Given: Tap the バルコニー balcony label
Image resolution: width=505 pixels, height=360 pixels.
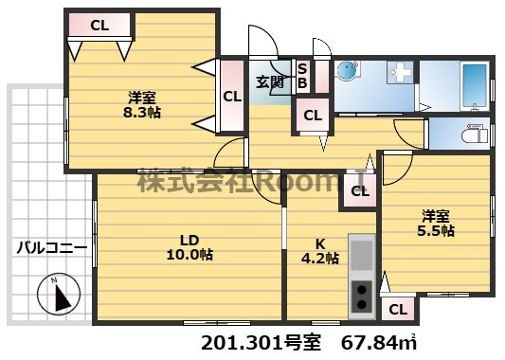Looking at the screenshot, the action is click(x=52, y=248).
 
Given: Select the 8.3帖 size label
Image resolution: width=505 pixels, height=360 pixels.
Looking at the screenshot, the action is click(x=142, y=113).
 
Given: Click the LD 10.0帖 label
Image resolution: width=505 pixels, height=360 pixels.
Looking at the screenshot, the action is click(x=189, y=247).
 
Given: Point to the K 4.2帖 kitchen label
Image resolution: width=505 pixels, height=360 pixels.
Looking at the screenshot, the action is click(x=320, y=251).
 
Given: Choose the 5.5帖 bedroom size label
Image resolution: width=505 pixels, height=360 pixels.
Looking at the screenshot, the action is click(x=436, y=230).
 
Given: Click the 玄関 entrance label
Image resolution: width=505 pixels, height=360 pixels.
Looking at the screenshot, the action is click(x=270, y=82).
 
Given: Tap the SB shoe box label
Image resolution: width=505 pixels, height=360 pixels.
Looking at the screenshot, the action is click(x=302, y=76).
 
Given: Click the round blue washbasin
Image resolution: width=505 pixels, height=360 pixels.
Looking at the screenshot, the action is click(x=346, y=70).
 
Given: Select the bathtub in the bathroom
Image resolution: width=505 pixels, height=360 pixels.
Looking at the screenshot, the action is click(x=474, y=85).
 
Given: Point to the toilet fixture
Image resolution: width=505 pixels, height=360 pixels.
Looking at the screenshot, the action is click(x=475, y=134).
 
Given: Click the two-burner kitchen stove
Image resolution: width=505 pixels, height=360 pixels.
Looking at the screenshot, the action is click(x=362, y=297).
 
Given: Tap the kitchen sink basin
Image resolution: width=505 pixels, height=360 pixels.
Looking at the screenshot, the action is click(x=362, y=255).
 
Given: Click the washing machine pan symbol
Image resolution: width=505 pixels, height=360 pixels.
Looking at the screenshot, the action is click(x=401, y=72).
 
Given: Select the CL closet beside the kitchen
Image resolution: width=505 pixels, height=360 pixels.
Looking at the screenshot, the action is click(x=360, y=191).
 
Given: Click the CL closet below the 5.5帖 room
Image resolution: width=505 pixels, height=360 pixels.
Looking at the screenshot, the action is click(x=398, y=310).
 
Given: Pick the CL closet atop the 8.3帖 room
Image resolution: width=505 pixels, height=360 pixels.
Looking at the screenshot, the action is click(x=99, y=25).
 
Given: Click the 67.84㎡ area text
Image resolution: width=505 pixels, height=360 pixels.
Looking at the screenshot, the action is click(x=379, y=343).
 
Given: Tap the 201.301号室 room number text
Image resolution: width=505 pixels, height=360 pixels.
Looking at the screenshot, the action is click(x=261, y=343).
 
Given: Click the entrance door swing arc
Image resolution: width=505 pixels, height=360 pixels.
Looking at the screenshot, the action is click(x=272, y=35).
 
